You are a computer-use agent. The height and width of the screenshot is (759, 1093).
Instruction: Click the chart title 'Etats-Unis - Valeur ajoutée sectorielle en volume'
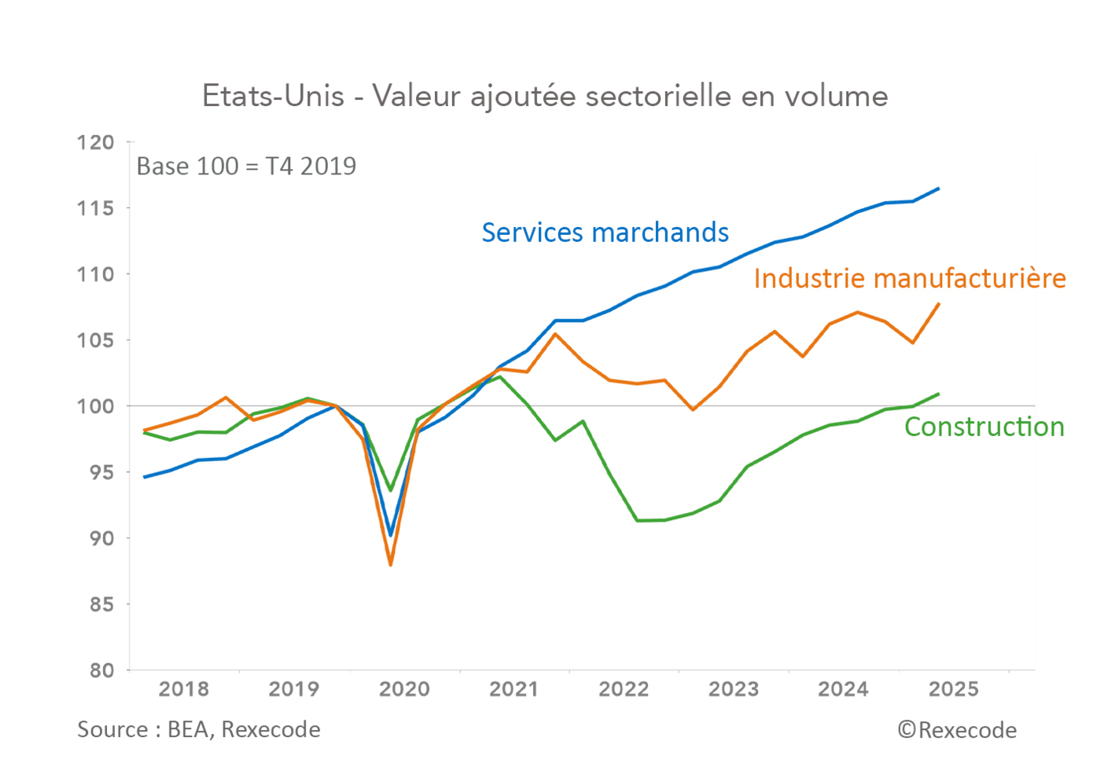pos(545,96)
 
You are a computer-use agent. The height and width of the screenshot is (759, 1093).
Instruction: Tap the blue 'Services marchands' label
pos(605,233)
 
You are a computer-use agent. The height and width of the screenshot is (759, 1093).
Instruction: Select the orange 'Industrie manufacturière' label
pos(909,278)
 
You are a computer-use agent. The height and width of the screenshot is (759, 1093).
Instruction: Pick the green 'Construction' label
pos(984,427)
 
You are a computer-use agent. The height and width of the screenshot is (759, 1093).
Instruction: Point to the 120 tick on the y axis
pos(96,142)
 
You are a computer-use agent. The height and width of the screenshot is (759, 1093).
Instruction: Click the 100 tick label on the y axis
pos(96,406)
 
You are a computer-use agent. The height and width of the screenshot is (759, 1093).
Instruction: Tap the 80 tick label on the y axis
pos(101,670)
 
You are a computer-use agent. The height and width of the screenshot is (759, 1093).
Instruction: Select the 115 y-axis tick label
pos(96,208)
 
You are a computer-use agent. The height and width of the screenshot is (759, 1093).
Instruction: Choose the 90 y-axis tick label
pos(101,538)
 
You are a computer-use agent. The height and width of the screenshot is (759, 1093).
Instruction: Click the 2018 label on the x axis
pos(184,689)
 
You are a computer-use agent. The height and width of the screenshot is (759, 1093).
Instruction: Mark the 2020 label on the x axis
pos(404,689)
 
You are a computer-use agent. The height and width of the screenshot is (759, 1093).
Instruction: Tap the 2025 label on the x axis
pos(953,689)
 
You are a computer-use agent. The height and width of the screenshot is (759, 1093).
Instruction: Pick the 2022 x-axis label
pos(624,689)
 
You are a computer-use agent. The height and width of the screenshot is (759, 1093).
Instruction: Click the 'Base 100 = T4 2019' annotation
pos(246,167)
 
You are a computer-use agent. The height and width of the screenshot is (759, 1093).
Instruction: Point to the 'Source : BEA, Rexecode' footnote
pos(199,730)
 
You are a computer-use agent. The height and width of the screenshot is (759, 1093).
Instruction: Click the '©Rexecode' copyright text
pos(957,731)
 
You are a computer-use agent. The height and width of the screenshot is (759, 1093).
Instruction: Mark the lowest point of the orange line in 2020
pos(391,564)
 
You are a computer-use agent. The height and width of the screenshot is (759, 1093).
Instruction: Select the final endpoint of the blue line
pos(939,189)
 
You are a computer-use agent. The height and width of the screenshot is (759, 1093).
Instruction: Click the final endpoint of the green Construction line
pos(939,394)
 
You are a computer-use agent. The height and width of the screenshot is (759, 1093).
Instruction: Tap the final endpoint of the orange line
pos(939,304)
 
